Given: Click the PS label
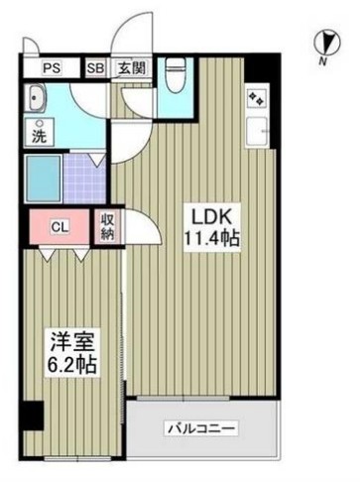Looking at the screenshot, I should point(52,68).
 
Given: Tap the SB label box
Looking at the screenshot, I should point(95,68).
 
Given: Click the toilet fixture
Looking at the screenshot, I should point(176,75).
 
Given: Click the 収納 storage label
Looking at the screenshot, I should point(106,228).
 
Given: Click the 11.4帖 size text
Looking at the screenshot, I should point(210,240).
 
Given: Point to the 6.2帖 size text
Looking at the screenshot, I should point(72,366).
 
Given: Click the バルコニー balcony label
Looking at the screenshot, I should point(201,429).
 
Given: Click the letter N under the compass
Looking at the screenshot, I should point(323,62).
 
